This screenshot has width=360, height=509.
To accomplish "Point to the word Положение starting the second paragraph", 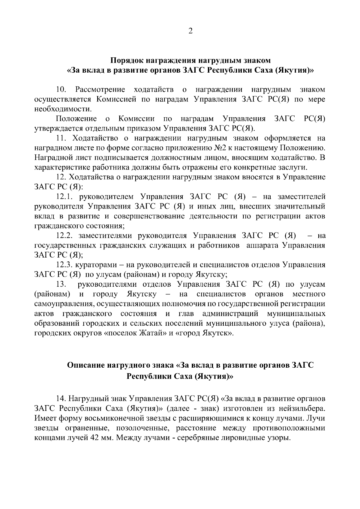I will point(76,119).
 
